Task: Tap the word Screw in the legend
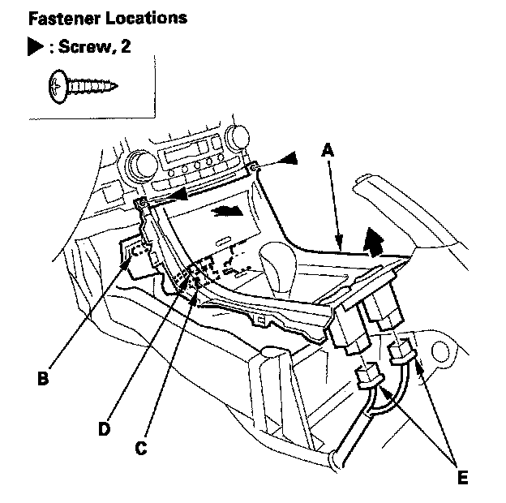tap(83, 47)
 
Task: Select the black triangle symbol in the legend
tap(35, 48)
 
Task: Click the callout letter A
tap(327, 150)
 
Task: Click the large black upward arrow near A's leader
tap(374, 240)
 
